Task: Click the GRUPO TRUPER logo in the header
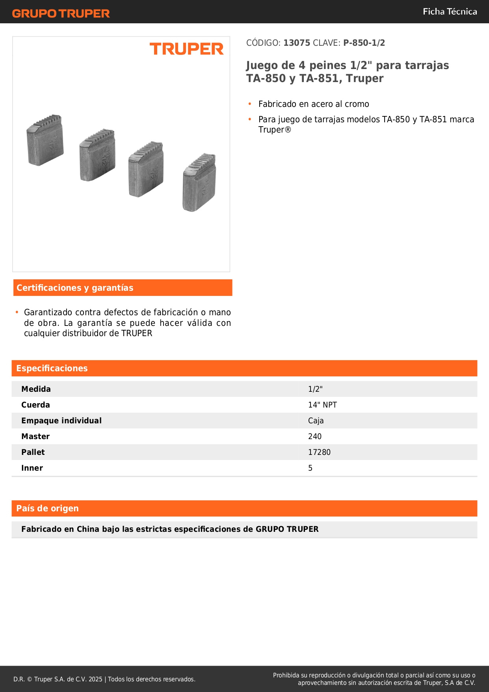61,13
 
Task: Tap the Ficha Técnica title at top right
450,11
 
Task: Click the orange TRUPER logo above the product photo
186,49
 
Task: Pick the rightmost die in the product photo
199,182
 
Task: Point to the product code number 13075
297,43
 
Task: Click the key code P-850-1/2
364,43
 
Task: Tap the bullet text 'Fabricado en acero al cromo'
314,104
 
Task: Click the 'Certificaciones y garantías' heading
75,288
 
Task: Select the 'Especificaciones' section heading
52,368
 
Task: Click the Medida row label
36,389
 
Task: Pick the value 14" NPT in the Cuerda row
322,405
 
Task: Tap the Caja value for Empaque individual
316,421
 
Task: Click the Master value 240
315,436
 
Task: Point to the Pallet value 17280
319,452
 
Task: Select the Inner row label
32,468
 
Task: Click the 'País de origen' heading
47,509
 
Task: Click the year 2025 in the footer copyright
95,679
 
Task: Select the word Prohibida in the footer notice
286,675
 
